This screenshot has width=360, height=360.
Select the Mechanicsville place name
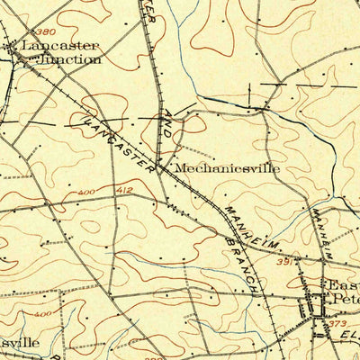tap(227, 167)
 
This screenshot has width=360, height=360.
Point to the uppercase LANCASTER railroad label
tap(117, 139)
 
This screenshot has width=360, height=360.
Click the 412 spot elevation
tap(123, 191)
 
